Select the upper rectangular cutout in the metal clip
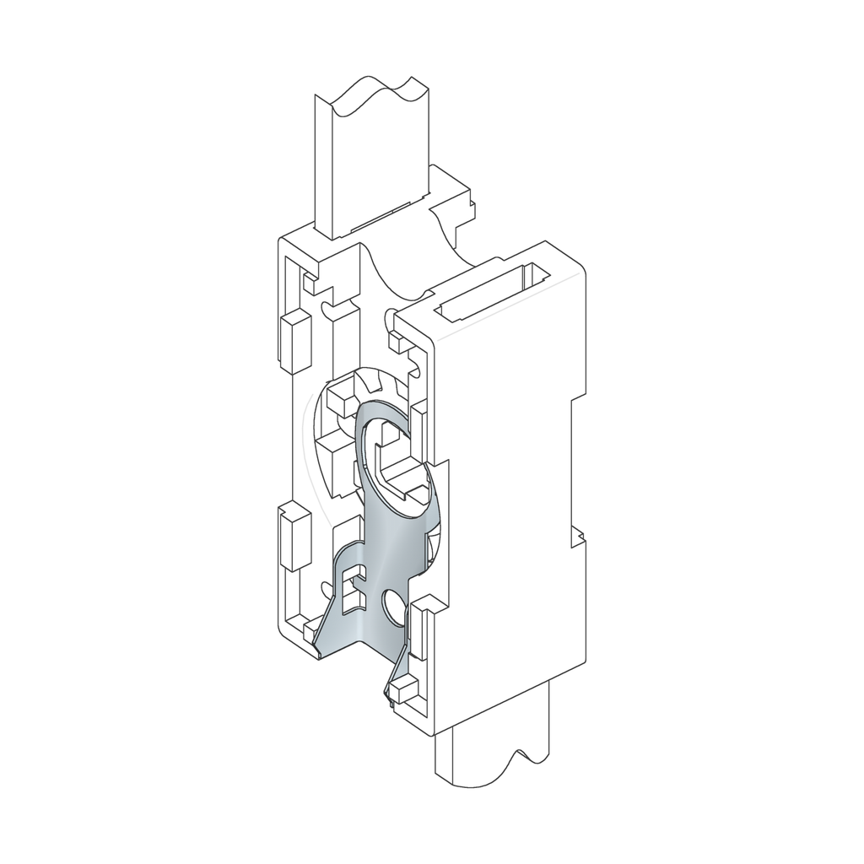(354, 575)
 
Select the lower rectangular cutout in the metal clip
(354, 600)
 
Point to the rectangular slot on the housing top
(494, 292)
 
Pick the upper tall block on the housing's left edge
(294, 343)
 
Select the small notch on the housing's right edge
(577, 536)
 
